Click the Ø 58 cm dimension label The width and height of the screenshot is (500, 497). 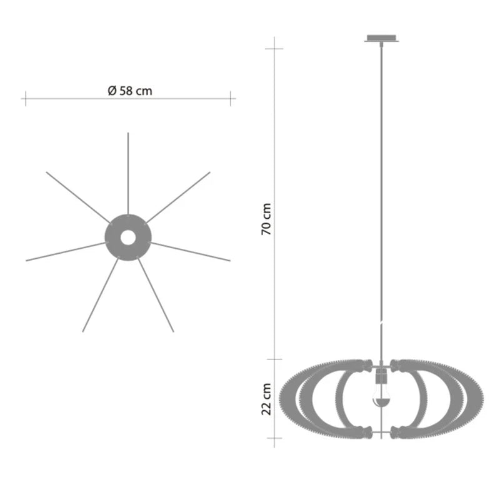[x=130, y=91]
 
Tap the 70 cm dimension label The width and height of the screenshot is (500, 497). [x=267, y=219]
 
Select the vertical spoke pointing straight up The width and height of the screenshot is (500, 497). [x=127, y=172]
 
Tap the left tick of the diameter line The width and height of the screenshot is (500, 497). [x=25, y=98]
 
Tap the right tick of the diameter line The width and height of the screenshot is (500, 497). [x=231, y=98]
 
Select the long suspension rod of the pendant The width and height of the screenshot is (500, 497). [x=381, y=200]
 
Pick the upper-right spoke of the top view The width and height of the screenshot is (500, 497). [x=178, y=197]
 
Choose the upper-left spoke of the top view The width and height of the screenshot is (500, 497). [x=77, y=196]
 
